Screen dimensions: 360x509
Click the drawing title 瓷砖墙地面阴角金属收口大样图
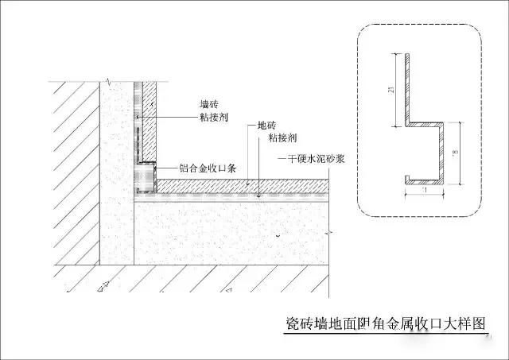[387, 324]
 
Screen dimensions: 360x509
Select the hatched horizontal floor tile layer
[239, 184]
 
